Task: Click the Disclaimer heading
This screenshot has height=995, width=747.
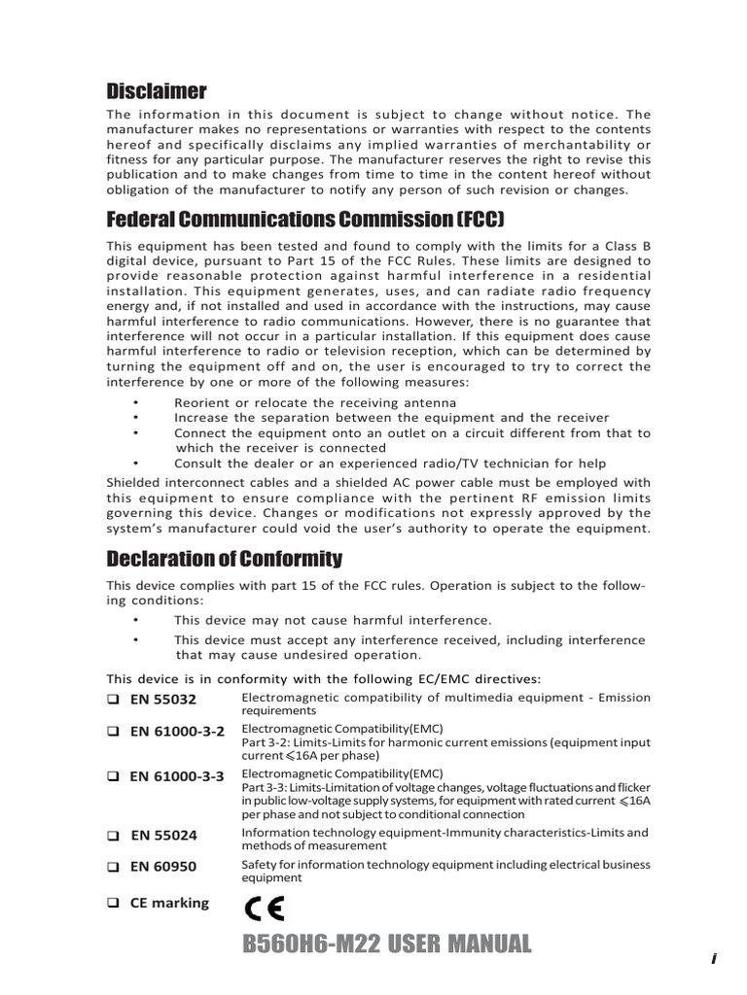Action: pos(156,91)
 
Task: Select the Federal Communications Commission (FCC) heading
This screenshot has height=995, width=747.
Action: pos(305,217)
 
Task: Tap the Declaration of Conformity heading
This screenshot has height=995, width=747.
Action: pos(224,559)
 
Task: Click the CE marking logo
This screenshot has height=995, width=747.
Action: pos(265,908)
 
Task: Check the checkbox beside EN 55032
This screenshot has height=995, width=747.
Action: pos(113,699)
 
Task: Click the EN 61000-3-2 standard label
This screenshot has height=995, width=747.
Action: pos(177,731)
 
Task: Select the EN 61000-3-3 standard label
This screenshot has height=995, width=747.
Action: pos(177,775)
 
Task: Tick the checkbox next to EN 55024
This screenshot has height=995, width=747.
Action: pos(113,835)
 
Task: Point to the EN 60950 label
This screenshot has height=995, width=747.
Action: pos(162,866)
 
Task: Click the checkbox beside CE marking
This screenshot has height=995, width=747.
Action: pos(113,903)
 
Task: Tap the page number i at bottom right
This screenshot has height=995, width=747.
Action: pos(713,958)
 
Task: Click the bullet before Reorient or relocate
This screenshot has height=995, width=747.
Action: pos(136,402)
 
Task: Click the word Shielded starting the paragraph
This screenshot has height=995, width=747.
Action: pos(137,482)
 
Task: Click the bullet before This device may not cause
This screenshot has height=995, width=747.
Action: pos(136,620)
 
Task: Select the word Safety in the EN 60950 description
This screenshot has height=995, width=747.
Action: pos(259,865)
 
